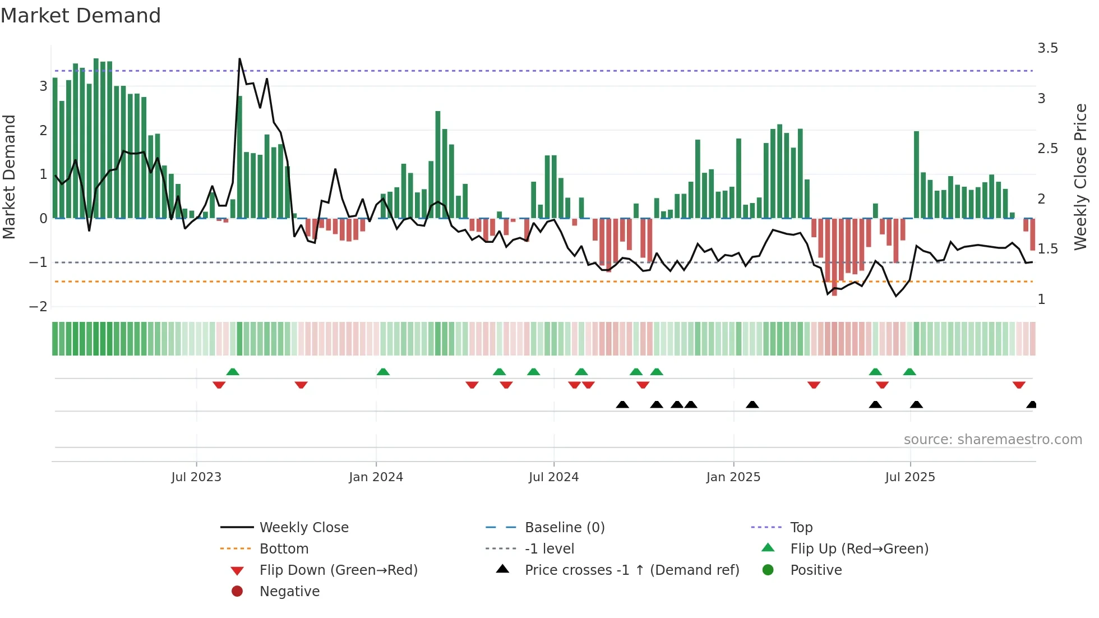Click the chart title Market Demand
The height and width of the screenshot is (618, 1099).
81,16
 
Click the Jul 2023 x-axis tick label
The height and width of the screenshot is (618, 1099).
196,477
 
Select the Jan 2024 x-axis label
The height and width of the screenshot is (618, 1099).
376,477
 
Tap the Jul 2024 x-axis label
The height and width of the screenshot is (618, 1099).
553,477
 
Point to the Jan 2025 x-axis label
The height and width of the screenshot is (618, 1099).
733,477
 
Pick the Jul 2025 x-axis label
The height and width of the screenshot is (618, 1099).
910,477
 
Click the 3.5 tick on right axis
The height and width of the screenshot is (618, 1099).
1047,48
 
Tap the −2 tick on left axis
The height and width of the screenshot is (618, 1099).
38,307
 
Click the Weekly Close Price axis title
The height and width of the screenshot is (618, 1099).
1080,177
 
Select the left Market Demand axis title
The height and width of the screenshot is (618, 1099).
9,177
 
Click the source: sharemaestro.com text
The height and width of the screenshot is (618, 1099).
992,440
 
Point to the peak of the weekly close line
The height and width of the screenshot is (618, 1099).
240,59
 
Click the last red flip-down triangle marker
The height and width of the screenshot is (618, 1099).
1019,385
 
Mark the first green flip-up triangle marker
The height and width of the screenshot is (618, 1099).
233,372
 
